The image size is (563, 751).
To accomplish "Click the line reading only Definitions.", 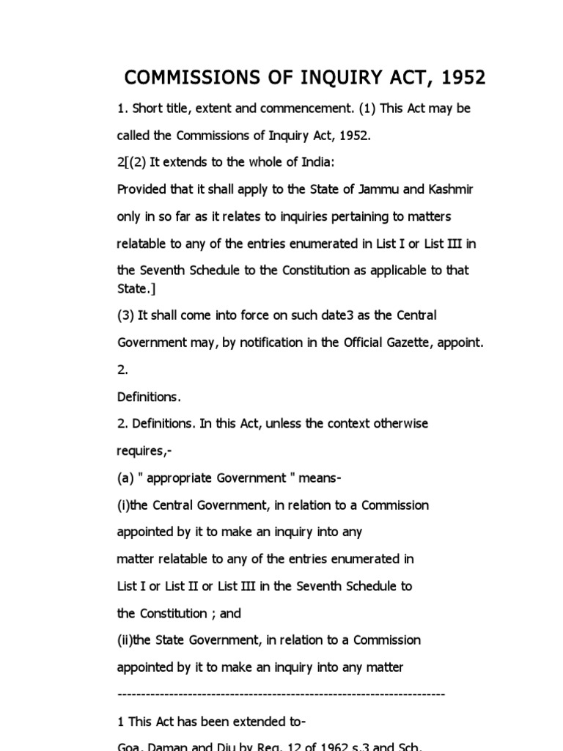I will (x=149, y=397).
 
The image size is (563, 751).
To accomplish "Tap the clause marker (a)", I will (x=125, y=478).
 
